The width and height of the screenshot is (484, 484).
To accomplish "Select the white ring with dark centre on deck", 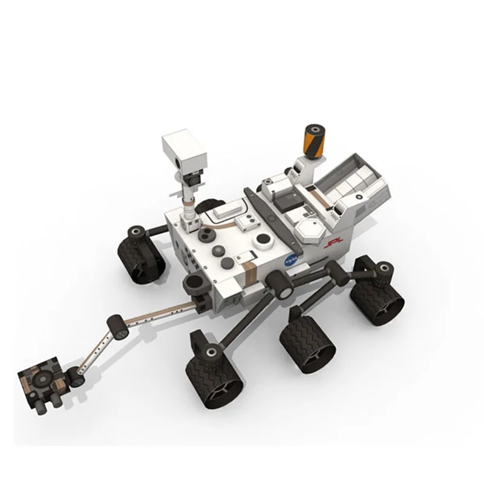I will pos(263,243).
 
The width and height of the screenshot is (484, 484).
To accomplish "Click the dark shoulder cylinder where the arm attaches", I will pos(195,283).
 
